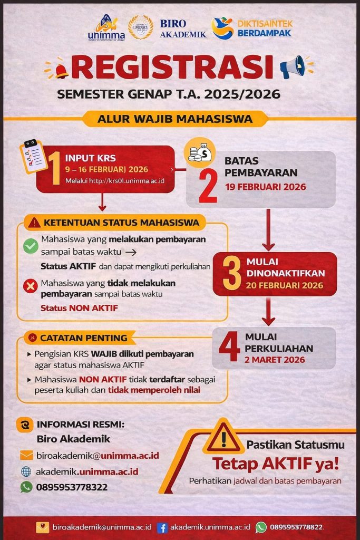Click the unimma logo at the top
pyautogui.click(x=106, y=27)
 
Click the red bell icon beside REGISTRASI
pyautogui.click(x=61, y=70)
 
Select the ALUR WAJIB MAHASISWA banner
pyautogui.click(x=175, y=119)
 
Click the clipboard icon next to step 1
pyautogui.click(x=33, y=157)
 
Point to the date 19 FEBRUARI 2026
pyautogui.click(x=265, y=187)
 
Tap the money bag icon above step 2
pyautogui.click(x=199, y=153)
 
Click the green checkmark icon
pyautogui.click(x=31, y=246)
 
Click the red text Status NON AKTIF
pyautogui.click(x=79, y=308)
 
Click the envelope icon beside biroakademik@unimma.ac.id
pyautogui.click(x=26, y=455)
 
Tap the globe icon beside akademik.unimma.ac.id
pyautogui.click(x=26, y=471)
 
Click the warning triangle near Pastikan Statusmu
pyautogui.click(x=223, y=438)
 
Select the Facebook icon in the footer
pyautogui.click(x=162, y=527)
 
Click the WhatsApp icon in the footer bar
pyautogui.click(x=261, y=527)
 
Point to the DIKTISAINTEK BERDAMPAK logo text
pyautogui.click(x=265, y=28)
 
